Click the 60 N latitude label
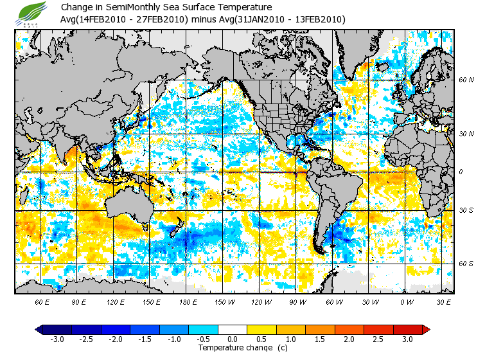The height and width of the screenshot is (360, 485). pos(466,80)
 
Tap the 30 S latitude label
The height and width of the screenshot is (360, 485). pos(466,211)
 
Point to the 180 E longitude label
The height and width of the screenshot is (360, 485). pos(188,301)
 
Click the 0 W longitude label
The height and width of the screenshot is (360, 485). pos(407,301)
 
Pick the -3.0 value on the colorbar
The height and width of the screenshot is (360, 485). pos(57,339)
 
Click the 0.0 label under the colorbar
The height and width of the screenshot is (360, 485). pos(233,339)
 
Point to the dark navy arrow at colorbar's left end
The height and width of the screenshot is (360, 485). pos(39,329)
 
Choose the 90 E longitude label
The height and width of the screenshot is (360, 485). pos(79,301)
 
